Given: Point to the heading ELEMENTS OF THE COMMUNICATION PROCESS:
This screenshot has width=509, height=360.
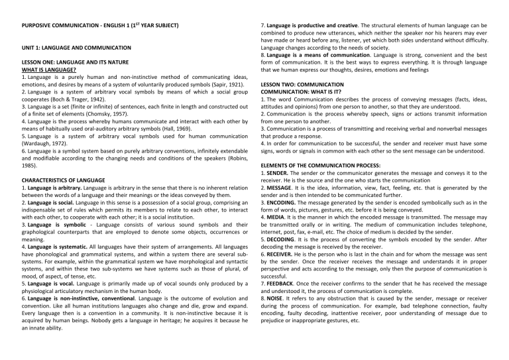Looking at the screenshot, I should coord(324,165).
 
